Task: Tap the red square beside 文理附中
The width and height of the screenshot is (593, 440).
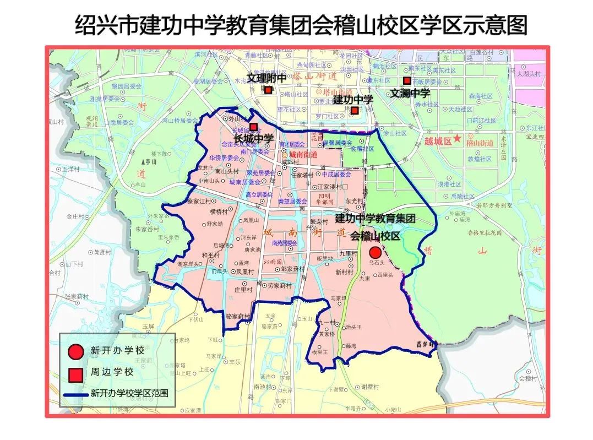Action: (268, 90)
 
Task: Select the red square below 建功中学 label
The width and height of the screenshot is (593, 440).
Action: (355, 111)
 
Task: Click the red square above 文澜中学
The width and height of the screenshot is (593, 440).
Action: (407, 80)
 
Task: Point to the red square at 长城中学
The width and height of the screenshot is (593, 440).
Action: (253, 127)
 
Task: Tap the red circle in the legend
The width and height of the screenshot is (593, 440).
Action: (76, 351)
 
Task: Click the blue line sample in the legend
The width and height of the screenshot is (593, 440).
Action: (76, 394)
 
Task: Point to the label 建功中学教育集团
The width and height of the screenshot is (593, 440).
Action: (375, 218)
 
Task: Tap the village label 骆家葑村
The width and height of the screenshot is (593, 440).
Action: (238, 317)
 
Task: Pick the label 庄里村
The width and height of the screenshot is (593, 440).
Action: (243, 289)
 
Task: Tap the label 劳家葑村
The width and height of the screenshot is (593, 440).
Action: (280, 285)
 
